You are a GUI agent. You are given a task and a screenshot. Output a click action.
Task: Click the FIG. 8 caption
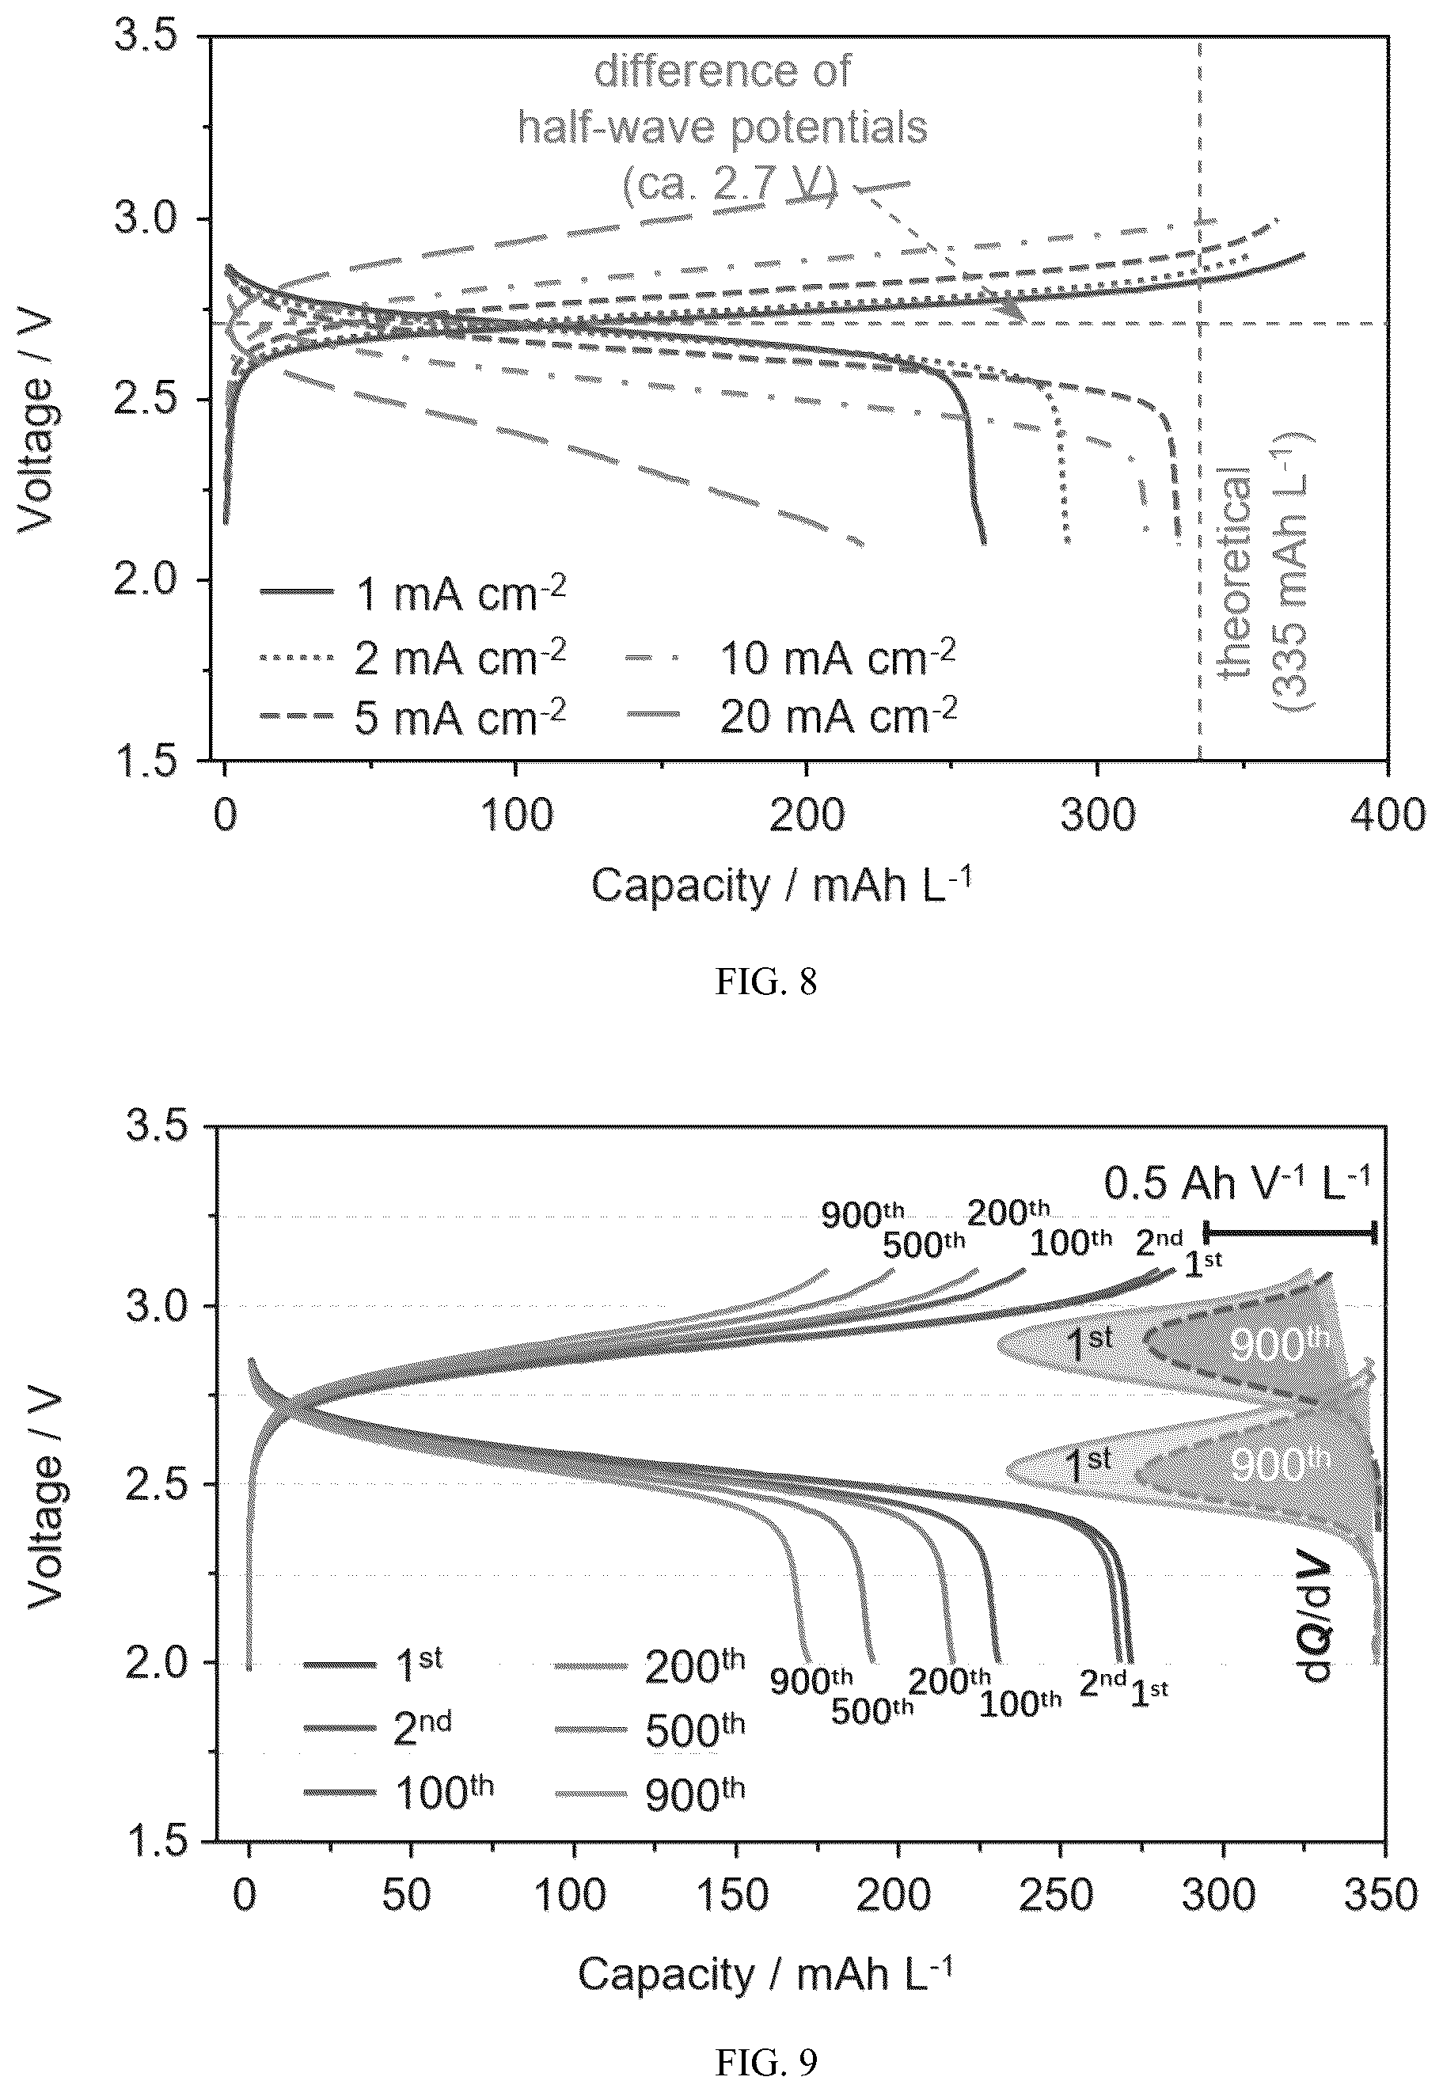click(x=765, y=981)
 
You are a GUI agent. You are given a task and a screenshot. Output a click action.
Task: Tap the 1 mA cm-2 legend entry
click(x=413, y=593)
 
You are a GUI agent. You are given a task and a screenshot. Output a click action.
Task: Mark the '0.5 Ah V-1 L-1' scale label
click(x=1237, y=1183)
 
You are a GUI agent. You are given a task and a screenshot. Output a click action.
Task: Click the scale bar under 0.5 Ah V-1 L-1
click(x=1290, y=1232)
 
